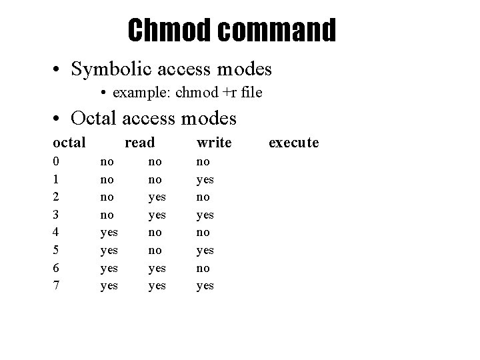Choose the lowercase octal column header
coord(69,142)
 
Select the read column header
coord(140,142)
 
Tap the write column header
coord(214,142)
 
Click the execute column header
coord(293,142)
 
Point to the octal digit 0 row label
coord(57,161)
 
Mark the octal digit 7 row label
coord(57,285)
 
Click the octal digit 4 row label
coord(57,232)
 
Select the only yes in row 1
coord(205,179)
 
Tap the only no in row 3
coord(107,215)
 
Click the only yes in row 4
coord(109,232)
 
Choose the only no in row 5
coord(155,250)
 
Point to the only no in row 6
coord(203,268)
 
